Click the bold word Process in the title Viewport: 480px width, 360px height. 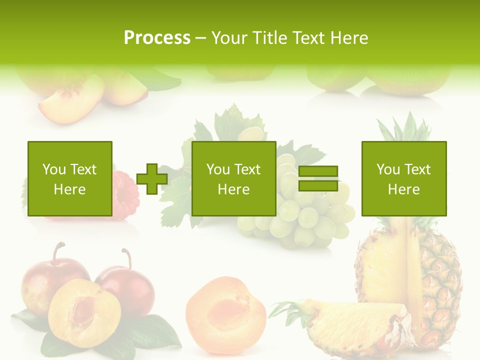(157, 38)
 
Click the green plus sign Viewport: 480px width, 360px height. (152, 179)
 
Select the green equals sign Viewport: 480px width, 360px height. (318, 178)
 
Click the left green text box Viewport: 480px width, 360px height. (70, 178)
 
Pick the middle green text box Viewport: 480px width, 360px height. (233, 178)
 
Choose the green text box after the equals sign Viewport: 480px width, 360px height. (403, 178)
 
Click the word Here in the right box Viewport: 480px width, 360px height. (403, 189)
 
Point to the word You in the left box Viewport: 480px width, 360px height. (54, 169)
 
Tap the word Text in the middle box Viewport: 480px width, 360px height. (247, 169)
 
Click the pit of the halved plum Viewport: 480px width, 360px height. (83, 310)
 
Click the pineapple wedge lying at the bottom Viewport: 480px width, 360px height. (350, 325)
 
